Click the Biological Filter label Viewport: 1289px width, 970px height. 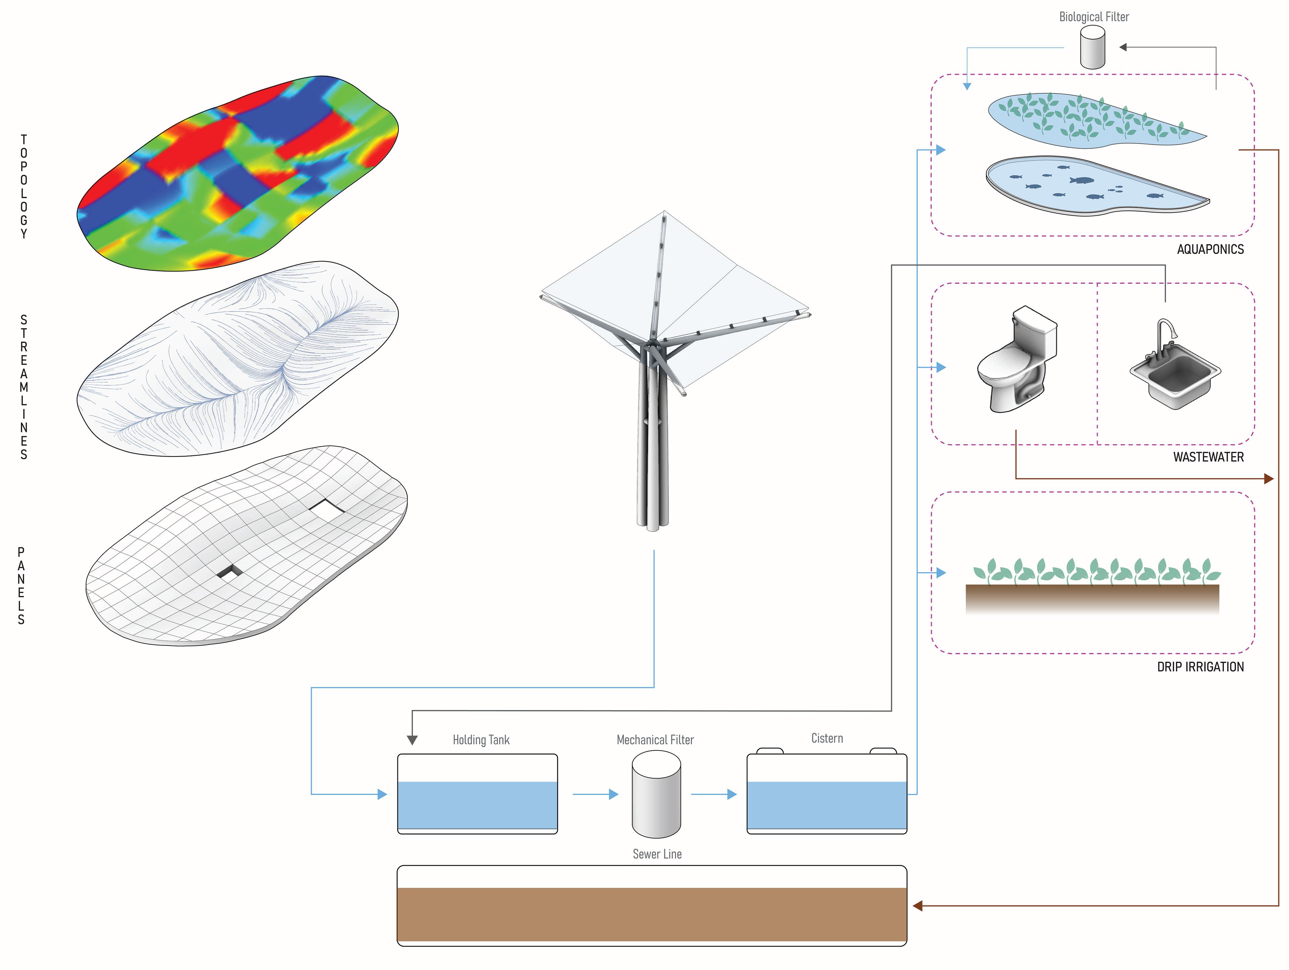tap(1093, 17)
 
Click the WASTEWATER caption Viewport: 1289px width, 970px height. tap(1208, 457)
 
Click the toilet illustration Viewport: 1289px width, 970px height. tap(1017, 361)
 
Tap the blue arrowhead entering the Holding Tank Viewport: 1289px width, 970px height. tap(382, 794)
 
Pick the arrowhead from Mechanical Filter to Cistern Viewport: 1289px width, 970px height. tap(732, 794)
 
